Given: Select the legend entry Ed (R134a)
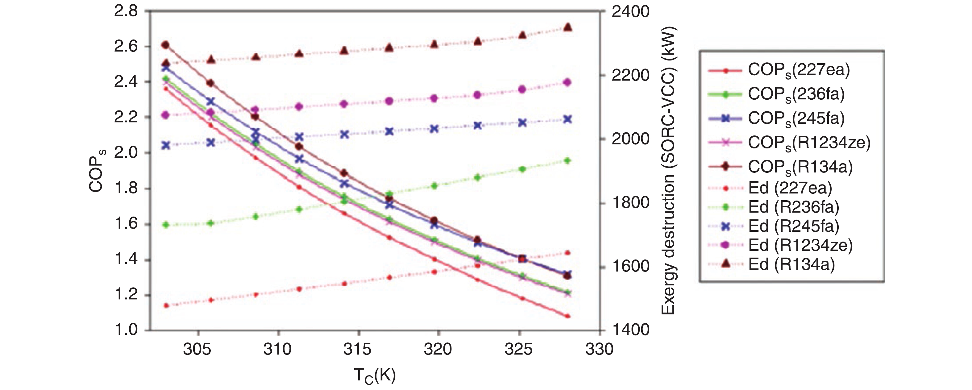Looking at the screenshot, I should [791, 264].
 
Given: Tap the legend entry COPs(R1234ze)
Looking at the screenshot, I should [809, 143].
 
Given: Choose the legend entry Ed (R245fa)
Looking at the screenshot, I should [794, 226].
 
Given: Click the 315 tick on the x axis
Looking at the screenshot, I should [358, 349].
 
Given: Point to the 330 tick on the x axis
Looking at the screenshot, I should [599, 349].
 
